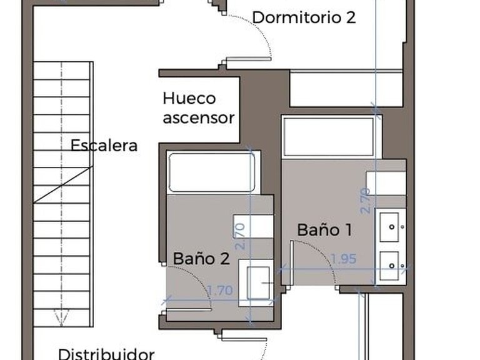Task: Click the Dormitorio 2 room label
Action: [304, 17]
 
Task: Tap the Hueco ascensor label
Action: [198, 107]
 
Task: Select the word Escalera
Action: [104, 146]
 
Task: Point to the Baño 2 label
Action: [202, 257]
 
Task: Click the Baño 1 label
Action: [324, 229]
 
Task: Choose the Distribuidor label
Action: [106, 354]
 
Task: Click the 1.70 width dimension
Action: [219, 290]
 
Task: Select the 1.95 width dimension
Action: [343, 258]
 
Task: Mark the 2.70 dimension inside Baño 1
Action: [366, 201]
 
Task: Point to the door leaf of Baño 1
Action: [292, 262]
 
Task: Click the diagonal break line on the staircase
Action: [62, 184]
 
